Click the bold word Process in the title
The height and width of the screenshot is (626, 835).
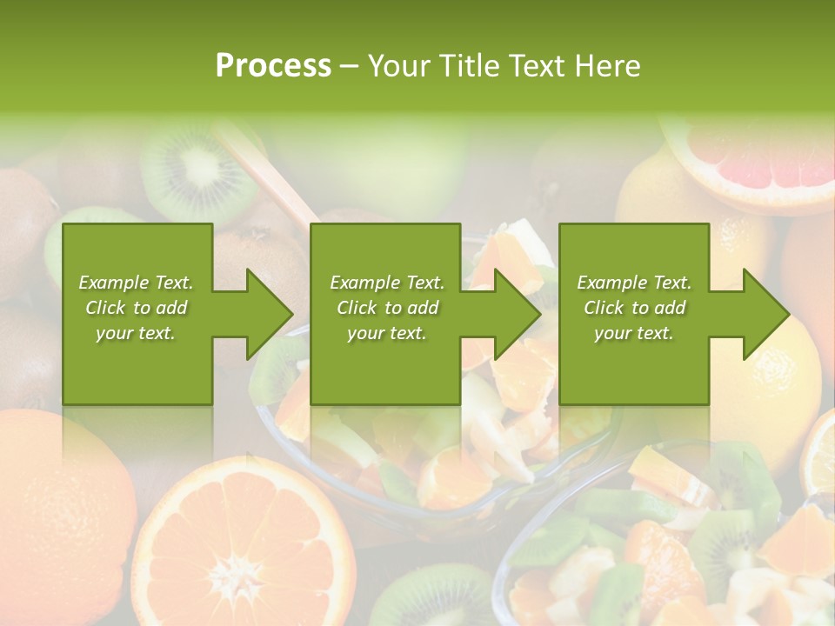click(x=273, y=66)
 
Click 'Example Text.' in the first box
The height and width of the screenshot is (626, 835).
click(x=136, y=283)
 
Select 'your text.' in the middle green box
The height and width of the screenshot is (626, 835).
click(x=386, y=333)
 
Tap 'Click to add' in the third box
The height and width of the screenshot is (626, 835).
click(x=634, y=308)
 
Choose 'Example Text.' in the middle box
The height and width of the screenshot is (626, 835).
click(x=386, y=283)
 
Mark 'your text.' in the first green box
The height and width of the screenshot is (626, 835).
click(x=136, y=333)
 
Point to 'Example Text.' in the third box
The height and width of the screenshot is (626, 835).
click(x=634, y=283)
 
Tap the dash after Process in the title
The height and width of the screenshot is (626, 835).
click(x=349, y=66)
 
